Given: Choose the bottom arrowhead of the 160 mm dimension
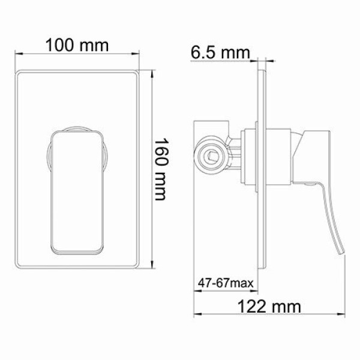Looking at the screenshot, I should tap(152, 268).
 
